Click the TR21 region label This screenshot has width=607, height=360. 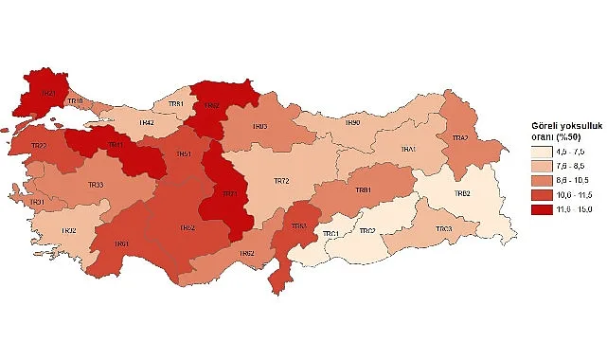pyautogui.click(x=46, y=93)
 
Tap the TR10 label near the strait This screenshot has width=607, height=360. pyautogui.click(x=77, y=101)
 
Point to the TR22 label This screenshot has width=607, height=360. pyautogui.click(x=39, y=146)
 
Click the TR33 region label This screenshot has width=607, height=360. pyautogui.click(x=95, y=185)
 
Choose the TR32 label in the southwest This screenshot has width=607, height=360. pyautogui.click(x=68, y=230)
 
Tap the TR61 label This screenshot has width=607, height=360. pyautogui.click(x=122, y=244)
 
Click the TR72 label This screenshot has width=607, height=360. pyautogui.click(x=280, y=180)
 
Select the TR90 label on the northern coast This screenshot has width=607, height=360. pyautogui.click(x=352, y=122)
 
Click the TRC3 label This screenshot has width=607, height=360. pyautogui.click(x=443, y=229)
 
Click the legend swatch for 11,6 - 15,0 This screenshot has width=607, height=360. pyautogui.click(x=536, y=208)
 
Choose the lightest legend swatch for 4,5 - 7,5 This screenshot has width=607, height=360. pyautogui.click(x=536, y=152)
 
